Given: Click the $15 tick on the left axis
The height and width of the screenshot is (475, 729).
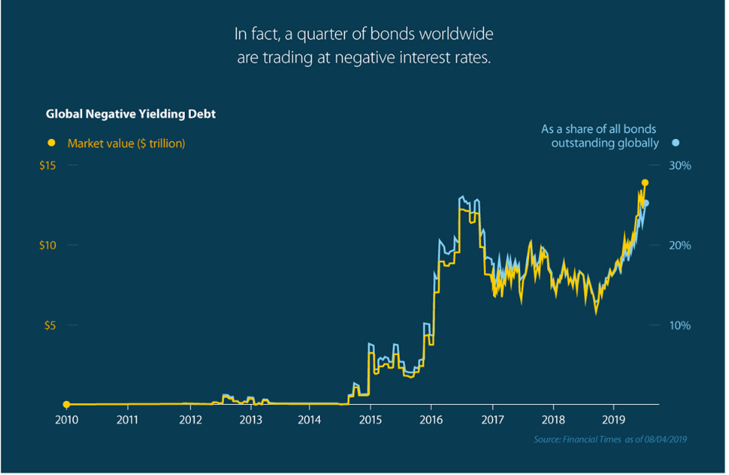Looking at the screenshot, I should (x=48, y=166).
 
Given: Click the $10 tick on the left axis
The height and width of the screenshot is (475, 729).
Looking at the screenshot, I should (x=48, y=246).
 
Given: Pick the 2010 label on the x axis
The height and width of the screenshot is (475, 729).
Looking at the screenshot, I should (x=66, y=419).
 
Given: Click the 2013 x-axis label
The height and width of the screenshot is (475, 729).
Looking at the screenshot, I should (x=251, y=419).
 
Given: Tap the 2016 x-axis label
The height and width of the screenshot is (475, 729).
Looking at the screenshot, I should (x=430, y=419).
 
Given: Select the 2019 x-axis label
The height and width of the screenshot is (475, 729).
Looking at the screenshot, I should (x=614, y=419).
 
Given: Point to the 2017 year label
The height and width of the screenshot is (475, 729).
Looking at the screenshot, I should (x=492, y=419).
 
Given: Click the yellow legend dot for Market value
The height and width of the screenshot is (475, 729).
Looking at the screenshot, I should (x=51, y=142).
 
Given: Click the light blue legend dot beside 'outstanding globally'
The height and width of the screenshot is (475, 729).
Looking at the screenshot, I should (x=676, y=142).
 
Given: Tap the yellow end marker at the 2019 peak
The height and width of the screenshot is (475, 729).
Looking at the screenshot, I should (x=645, y=182).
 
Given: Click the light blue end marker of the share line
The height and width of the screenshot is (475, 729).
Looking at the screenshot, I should (x=646, y=203).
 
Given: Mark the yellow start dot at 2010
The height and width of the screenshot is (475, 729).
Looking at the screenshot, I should (x=66, y=405).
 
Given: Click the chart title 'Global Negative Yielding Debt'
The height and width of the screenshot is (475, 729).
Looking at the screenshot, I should (x=131, y=115).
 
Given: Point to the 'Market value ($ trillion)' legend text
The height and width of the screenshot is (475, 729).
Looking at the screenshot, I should (x=126, y=142).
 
